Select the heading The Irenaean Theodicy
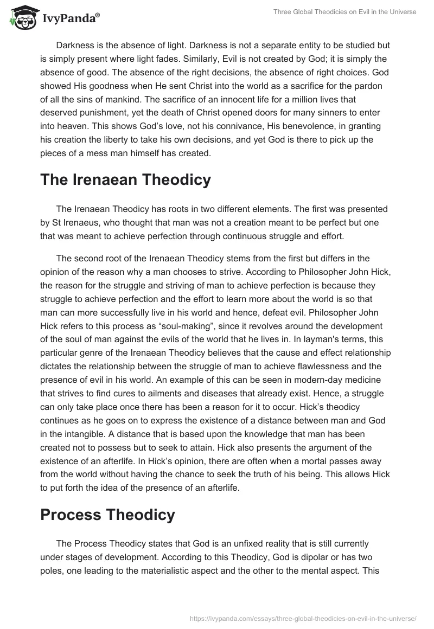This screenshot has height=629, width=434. pyautogui.click(x=125, y=179)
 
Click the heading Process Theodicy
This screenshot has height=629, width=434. pyautogui.click(x=107, y=515)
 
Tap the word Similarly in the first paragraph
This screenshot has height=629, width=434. pyautogui.click(x=168, y=59)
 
